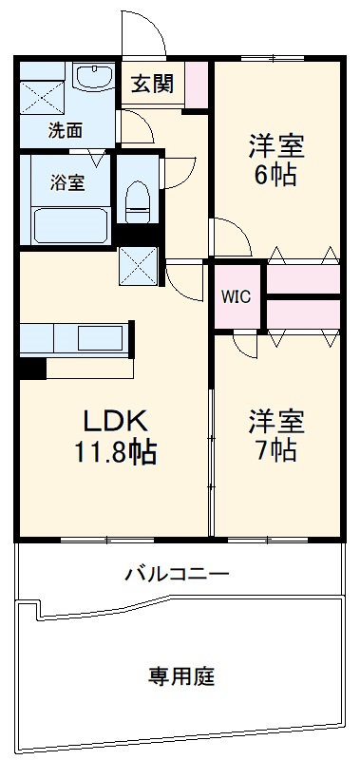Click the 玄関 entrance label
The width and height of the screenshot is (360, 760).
pos(152,84)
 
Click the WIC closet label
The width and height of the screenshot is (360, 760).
pos(237,295)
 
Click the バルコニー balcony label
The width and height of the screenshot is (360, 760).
pos(176,574)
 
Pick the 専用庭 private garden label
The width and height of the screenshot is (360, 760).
pos(180,676)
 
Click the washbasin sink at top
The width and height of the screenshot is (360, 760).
pos(92,82)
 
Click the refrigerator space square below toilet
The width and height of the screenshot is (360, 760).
pos(140,265)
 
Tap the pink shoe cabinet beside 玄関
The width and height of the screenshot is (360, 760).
pos(197,83)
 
